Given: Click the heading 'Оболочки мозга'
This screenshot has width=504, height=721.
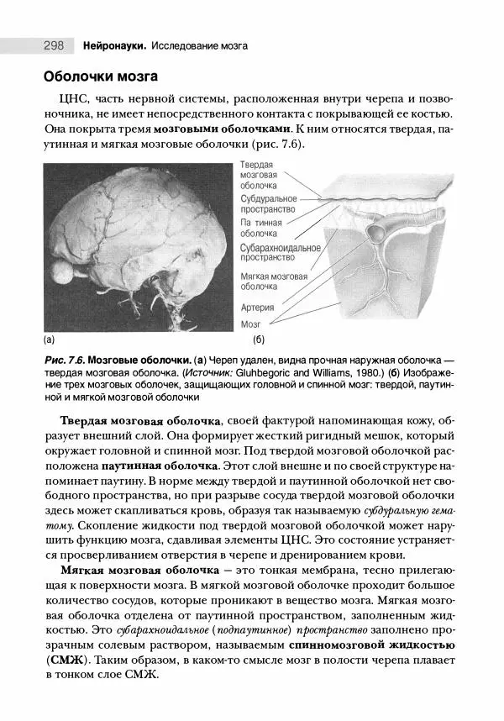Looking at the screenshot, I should coord(101,77).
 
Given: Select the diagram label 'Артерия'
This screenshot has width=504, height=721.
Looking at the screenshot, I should coord(257,307).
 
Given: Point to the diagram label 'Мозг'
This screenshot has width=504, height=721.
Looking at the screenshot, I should coord(251,324).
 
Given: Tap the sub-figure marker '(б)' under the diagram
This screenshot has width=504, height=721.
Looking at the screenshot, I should coord(258,340).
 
